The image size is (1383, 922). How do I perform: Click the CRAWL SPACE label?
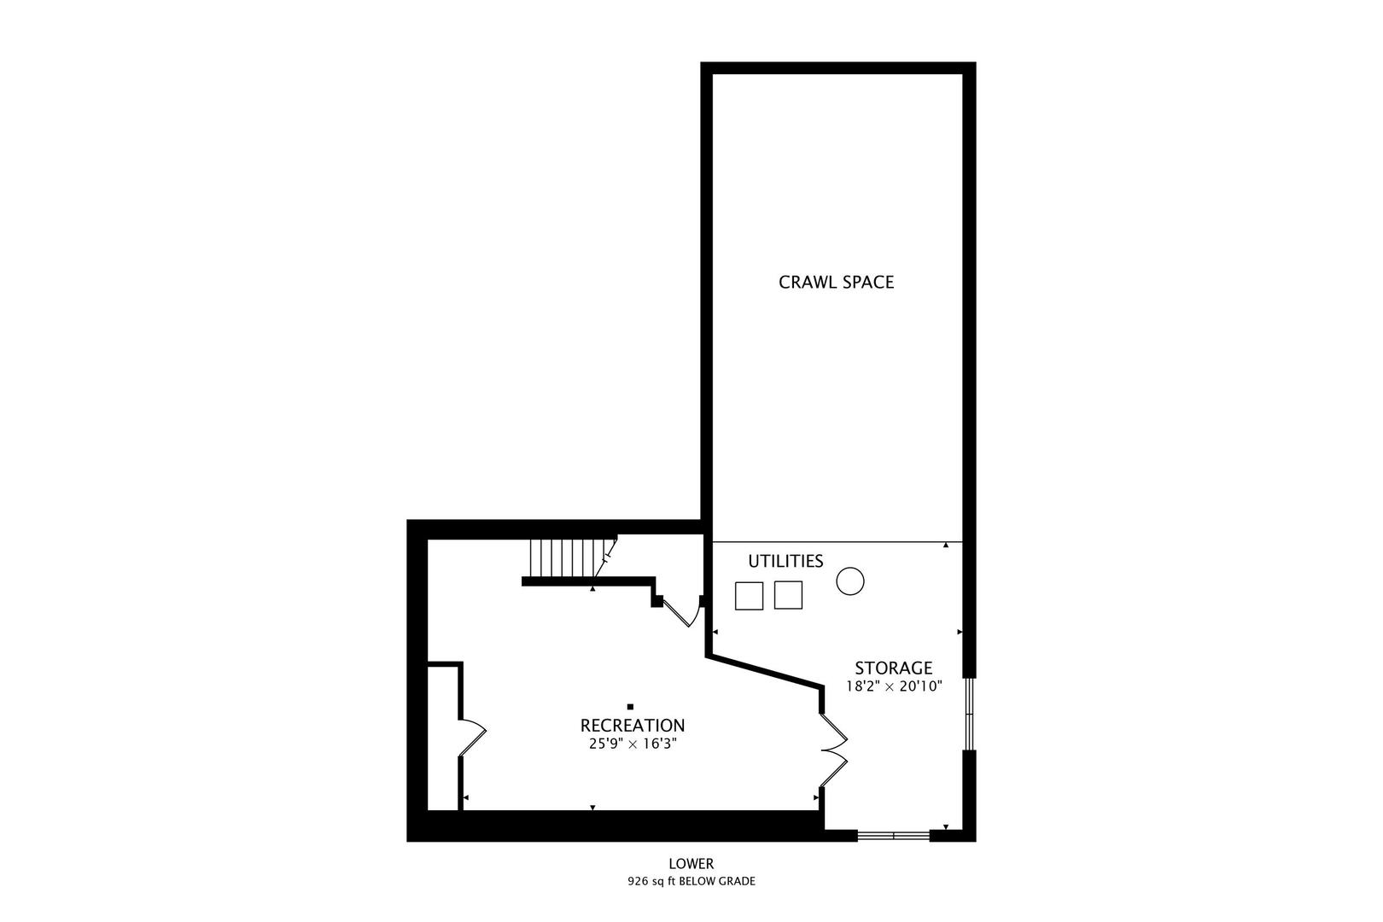click(836, 282)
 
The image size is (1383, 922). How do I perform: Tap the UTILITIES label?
click(785, 561)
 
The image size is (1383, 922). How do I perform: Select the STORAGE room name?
click(893, 668)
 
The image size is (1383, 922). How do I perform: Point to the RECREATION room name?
click(632, 726)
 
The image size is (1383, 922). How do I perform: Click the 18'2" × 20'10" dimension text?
click(893, 686)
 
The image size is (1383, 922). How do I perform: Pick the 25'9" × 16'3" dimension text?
click(632, 744)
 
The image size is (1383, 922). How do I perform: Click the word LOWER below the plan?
click(691, 864)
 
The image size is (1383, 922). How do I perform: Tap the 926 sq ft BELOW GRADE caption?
click(691, 881)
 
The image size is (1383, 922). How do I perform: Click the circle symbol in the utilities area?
click(850, 581)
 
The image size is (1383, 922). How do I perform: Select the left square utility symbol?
click(749, 595)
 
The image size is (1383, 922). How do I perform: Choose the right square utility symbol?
click(788, 595)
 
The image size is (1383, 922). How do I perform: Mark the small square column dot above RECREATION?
click(630, 707)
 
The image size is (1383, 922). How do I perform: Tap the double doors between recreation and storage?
click(832, 749)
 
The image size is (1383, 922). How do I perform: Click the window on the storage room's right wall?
click(969, 714)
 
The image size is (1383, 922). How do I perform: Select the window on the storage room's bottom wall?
click(893, 835)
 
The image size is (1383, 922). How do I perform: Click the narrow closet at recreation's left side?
click(443, 738)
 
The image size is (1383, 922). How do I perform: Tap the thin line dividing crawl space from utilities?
click(837, 542)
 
